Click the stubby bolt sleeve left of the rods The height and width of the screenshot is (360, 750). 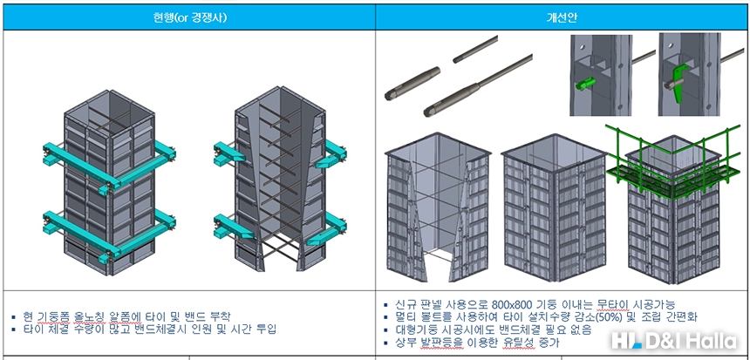click(406, 84)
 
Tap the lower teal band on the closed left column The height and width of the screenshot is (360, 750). click(73, 222)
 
